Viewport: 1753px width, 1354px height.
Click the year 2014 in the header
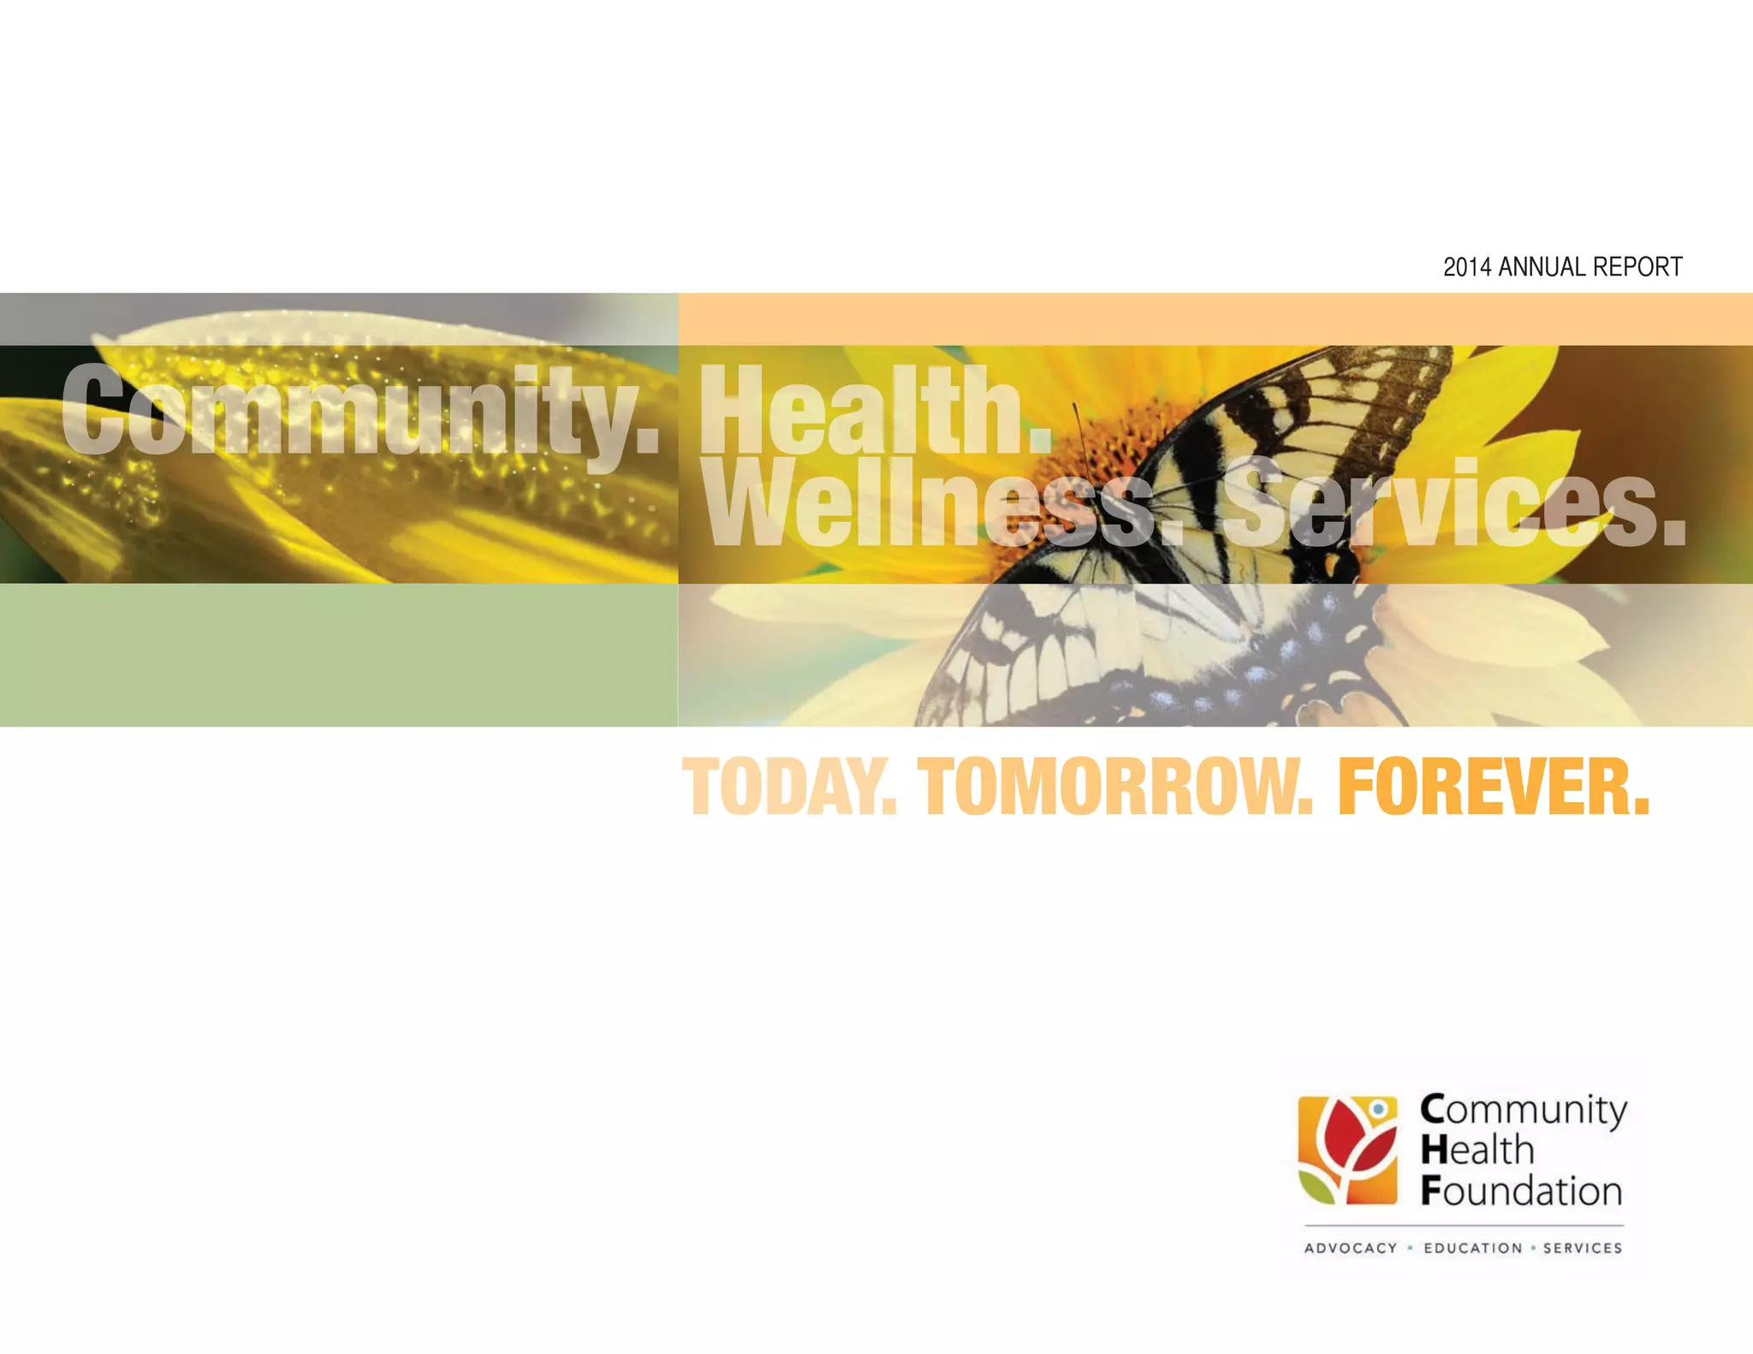click(x=1467, y=268)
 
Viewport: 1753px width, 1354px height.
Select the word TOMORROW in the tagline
click(x=1114, y=787)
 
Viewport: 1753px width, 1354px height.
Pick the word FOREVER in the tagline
click(x=1493, y=787)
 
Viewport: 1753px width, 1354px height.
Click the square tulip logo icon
click(x=1348, y=1149)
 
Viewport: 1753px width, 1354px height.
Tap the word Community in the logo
click(x=1524, y=1110)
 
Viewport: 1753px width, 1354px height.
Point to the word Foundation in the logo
click(x=1522, y=1191)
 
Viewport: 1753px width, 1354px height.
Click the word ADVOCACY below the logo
click(x=1351, y=1248)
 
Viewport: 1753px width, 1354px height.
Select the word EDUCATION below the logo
click(x=1473, y=1248)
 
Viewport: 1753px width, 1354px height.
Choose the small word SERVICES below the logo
click(x=1583, y=1248)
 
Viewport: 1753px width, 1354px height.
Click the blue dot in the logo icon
click(x=1378, y=1109)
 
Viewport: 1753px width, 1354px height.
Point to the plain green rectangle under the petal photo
click(x=338, y=655)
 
